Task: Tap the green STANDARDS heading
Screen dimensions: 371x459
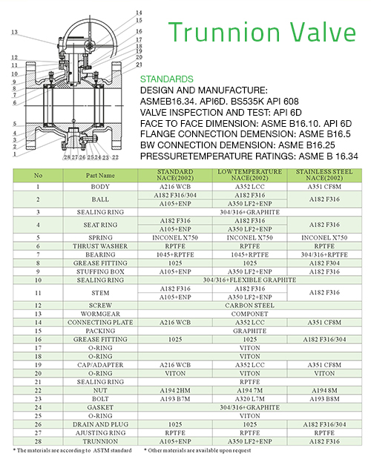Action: [167, 79]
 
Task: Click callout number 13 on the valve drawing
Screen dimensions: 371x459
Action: [14, 32]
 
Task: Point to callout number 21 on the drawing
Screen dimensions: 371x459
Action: [139, 65]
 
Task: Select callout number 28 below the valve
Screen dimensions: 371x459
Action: [67, 157]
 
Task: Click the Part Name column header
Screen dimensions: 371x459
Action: [100, 175]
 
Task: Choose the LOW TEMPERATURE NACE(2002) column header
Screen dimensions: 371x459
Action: [250, 175]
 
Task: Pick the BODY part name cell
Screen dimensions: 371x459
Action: [100, 187]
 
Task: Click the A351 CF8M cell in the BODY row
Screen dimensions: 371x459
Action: [324, 187]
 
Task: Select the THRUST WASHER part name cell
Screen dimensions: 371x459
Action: [100, 246]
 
